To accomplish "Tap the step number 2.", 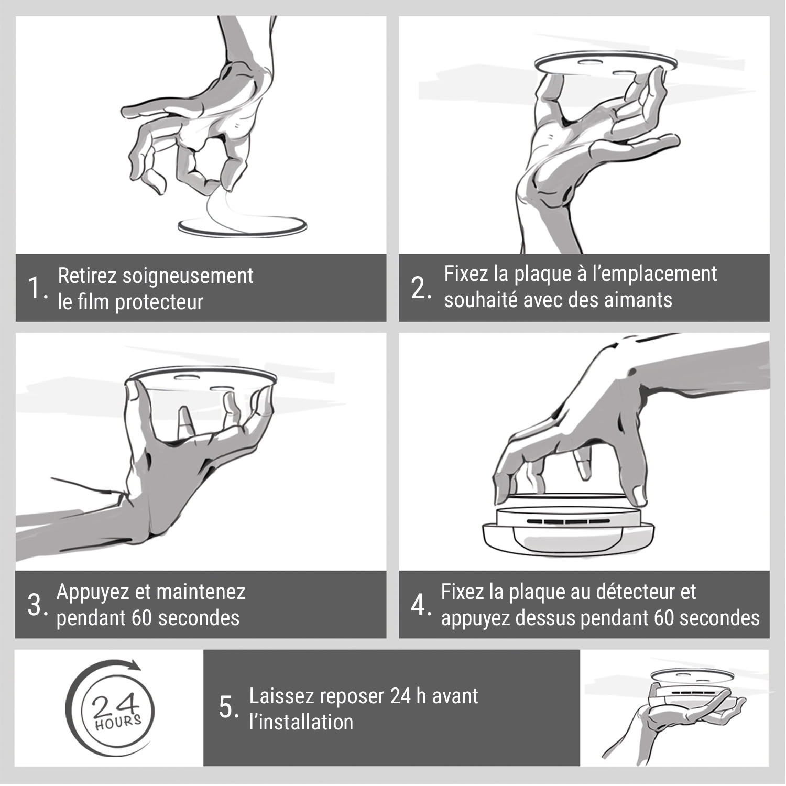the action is (421, 288).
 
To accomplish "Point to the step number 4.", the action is (421, 605).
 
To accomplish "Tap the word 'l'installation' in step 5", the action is (301, 722).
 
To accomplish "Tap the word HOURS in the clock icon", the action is (118, 722).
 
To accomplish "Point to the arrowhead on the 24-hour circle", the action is (134, 665).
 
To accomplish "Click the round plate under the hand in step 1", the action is (242, 226).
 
